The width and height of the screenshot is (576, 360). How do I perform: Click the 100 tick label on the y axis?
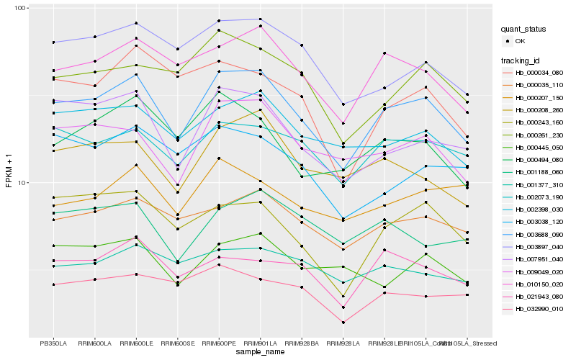tap(19, 8)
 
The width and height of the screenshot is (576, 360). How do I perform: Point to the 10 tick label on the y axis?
tap(21, 182)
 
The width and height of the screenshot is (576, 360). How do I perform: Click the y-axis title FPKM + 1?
tap(9, 171)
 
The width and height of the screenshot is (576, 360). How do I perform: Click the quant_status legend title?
tap(526, 30)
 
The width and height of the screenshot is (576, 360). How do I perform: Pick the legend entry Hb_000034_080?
tap(539, 73)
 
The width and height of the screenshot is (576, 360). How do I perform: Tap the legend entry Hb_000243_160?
tap(539, 122)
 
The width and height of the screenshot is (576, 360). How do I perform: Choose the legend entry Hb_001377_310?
tap(539, 185)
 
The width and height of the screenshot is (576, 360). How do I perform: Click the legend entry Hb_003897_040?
tap(539, 247)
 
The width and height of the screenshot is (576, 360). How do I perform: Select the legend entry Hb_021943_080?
tap(539, 297)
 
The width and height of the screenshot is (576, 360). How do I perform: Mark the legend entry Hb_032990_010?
tap(539, 309)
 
